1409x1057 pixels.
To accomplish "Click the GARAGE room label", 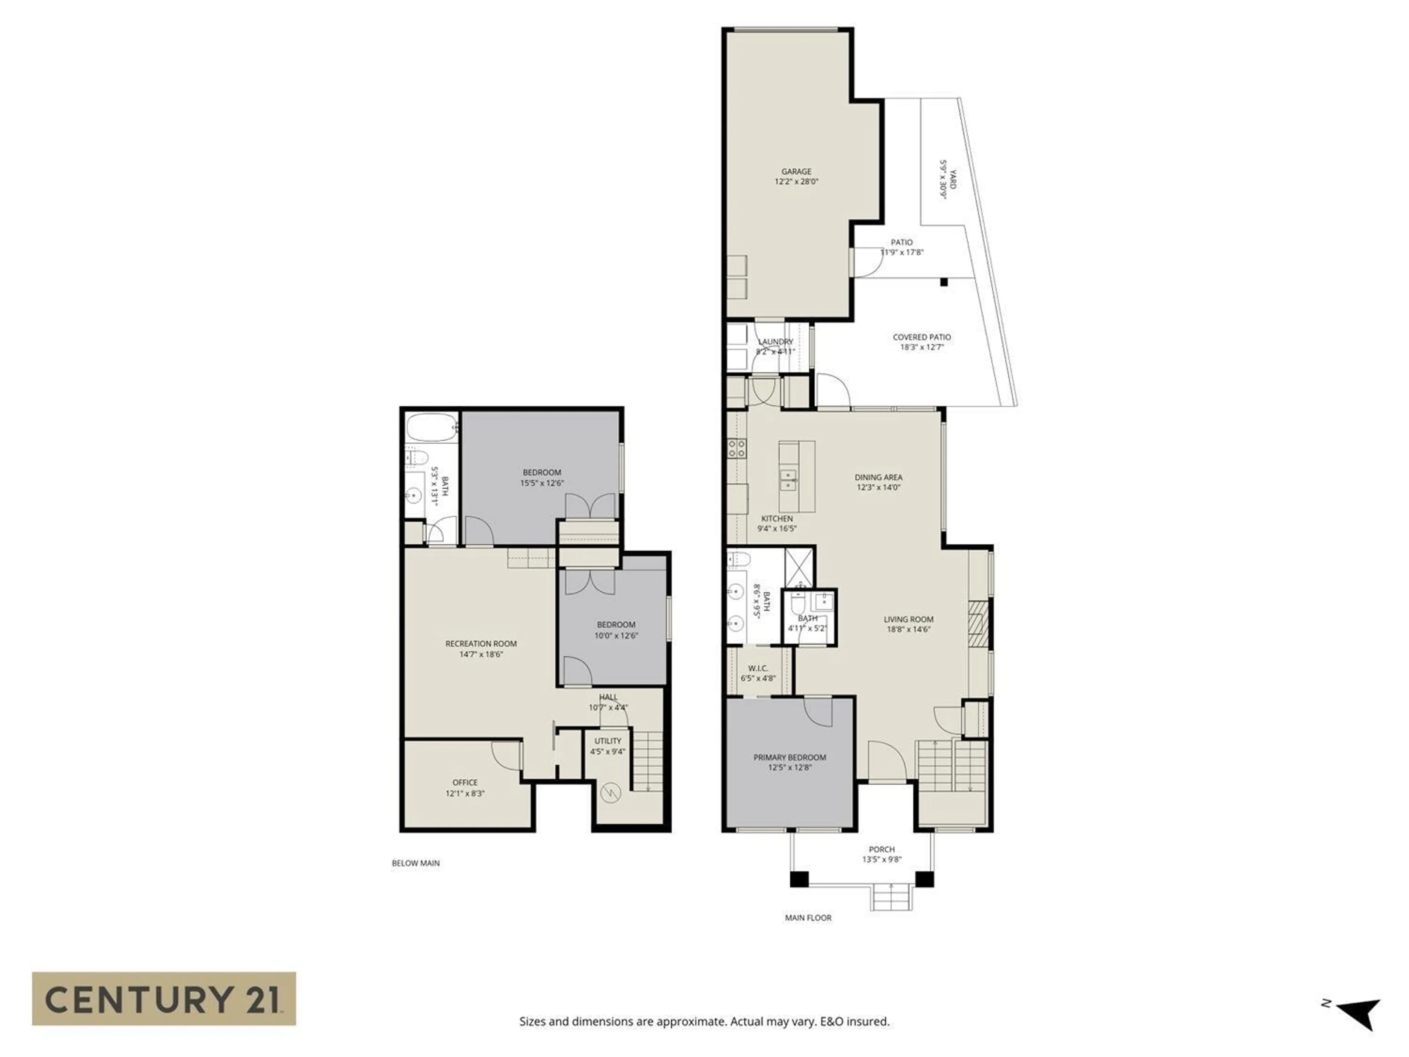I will [796, 171].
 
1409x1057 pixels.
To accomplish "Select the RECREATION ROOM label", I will [481, 643].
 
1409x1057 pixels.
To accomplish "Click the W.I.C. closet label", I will [758, 668].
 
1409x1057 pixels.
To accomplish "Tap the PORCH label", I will [882, 849].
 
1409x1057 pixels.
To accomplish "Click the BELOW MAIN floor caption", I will [415, 863].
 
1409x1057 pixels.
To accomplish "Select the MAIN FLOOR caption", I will [808, 918].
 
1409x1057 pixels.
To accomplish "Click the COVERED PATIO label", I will [922, 337].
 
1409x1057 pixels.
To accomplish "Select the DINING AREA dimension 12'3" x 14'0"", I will [878, 487].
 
